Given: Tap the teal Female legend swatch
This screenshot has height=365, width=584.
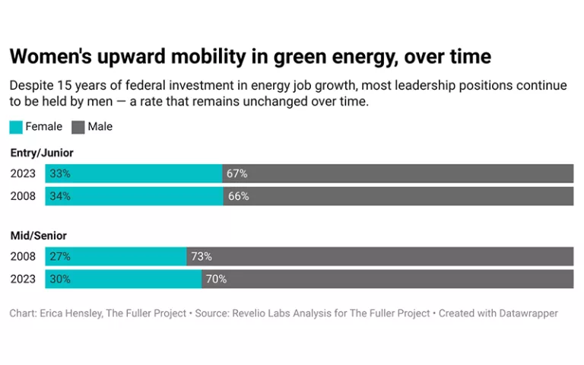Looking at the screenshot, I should pos(16,127).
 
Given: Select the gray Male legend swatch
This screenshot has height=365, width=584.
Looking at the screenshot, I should pos(78,127).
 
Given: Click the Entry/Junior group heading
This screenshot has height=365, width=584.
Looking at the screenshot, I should pos(42,153).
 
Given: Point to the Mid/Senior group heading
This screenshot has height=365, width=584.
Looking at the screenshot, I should pos(39,236).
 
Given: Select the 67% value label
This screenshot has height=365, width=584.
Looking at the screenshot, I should pos(237,173).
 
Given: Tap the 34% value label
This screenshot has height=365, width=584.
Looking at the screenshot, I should pos(60,196).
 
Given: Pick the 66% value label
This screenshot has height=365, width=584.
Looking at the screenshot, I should pos(238,196).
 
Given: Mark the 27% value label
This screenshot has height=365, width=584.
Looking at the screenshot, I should pos(60,256).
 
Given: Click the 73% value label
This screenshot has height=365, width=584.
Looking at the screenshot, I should pos(202,256).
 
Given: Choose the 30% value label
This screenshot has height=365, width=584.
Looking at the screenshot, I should pos(60,279).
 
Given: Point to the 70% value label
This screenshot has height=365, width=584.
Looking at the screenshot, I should pos(216,279).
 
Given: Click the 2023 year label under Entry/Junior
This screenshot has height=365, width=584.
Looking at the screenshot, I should pos(23,173).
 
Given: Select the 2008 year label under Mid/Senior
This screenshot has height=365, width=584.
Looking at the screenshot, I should pos(23,256).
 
